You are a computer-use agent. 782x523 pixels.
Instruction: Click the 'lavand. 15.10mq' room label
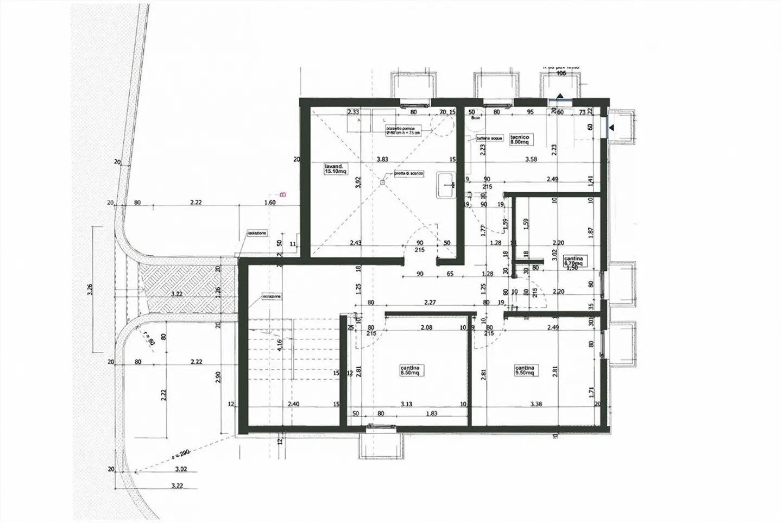(335, 168)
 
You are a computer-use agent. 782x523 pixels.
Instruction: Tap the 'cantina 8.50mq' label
(410, 370)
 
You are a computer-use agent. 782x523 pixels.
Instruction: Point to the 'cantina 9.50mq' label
(526, 370)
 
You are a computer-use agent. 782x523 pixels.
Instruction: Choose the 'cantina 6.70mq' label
(573, 261)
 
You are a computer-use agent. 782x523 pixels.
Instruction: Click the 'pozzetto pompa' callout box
(402, 130)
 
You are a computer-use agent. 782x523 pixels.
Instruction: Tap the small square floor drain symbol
(382, 182)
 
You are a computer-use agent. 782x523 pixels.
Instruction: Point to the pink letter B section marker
(282, 194)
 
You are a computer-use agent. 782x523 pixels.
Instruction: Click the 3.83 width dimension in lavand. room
(382, 159)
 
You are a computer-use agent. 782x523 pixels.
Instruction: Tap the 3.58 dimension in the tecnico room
(531, 159)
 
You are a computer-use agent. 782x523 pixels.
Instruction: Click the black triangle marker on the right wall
(611, 128)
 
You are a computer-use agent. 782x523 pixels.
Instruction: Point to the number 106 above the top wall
(561, 73)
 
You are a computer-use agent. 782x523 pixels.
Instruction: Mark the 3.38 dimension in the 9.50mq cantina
(535, 404)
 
